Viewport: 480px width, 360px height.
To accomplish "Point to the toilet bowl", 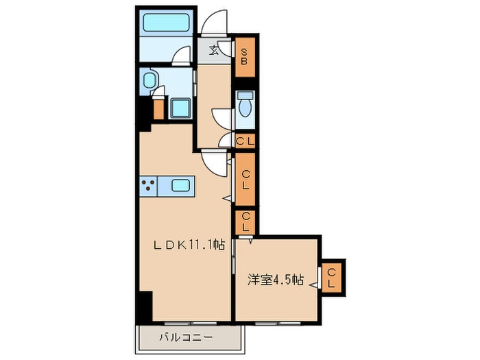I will pos(246,106).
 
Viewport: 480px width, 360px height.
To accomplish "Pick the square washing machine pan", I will pos(180,108).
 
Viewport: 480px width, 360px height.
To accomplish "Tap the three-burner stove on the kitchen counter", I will pos(148,184).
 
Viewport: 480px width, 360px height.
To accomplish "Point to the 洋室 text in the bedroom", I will pos(261,280).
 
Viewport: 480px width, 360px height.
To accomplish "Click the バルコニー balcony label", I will pos(187,338).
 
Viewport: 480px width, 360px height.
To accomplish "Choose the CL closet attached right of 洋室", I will pos(332,278).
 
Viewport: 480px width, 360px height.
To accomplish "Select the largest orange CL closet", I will pos(245,180).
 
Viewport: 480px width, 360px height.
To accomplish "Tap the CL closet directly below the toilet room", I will pos(245,141).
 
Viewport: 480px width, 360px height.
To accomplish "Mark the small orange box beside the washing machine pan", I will pos(159,108).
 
